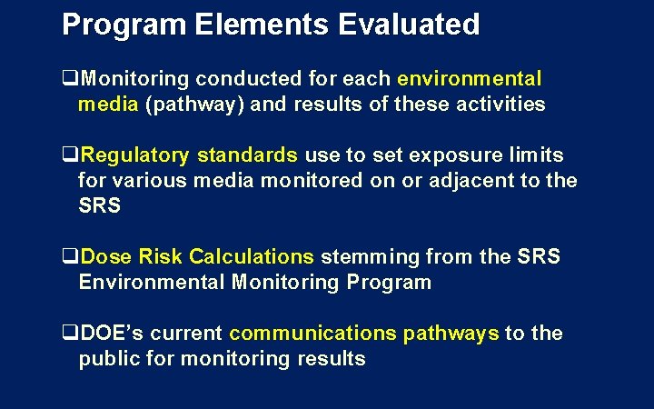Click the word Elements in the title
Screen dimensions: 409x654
[x=263, y=25]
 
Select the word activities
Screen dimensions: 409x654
[x=500, y=104]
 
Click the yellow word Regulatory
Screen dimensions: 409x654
[x=132, y=155]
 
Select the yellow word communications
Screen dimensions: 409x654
[x=313, y=334]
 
